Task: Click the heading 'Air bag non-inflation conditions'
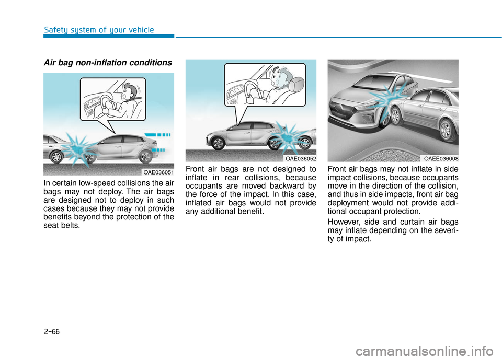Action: [x=107, y=63]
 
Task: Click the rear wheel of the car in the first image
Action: [x=146, y=156]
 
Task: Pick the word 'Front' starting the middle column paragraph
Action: [x=197, y=168]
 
